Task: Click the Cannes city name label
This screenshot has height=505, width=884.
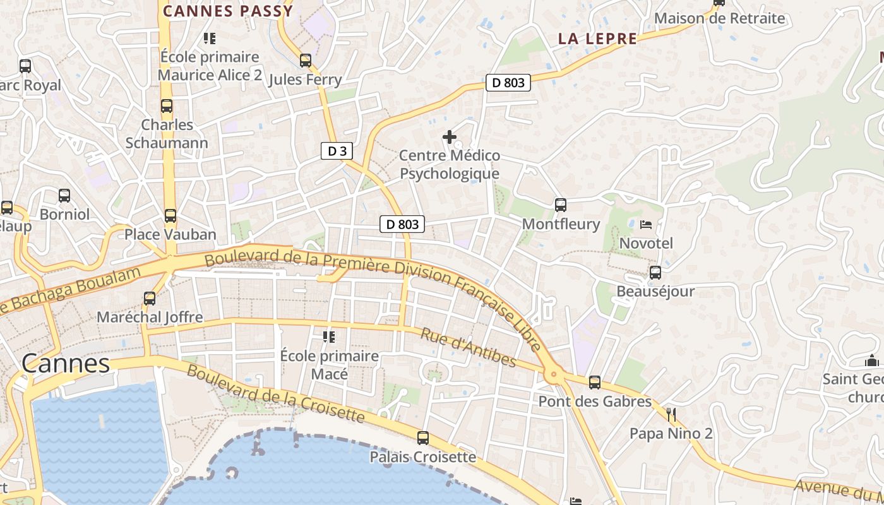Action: [66, 364]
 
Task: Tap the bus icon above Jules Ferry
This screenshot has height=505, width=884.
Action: [306, 61]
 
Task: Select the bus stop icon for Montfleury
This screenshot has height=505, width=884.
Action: [561, 205]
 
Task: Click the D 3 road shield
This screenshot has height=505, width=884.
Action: [336, 151]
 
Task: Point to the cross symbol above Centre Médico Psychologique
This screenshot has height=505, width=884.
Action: [450, 136]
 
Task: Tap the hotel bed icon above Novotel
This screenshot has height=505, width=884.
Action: [646, 224]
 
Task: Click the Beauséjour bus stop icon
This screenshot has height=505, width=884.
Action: [655, 273]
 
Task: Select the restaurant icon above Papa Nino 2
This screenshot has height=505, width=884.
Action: [671, 415]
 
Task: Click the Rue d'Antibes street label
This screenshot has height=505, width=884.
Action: [469, 347]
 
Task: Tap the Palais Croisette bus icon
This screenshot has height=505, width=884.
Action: [423, 437]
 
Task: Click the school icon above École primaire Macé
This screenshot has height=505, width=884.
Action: [329, 337]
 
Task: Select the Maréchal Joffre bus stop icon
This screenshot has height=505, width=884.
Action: [150, 299]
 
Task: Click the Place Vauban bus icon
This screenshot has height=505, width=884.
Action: [170, 216]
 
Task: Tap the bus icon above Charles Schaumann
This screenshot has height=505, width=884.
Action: [167, 106]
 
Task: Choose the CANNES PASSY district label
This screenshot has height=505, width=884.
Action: [228, 11]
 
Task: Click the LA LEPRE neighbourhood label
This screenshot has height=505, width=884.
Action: [597, 39]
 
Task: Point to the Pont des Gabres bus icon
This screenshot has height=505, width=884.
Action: [595, 382]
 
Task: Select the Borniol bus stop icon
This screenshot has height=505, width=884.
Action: [64, 196]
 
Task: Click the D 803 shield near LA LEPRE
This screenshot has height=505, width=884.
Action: [508, 82]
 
